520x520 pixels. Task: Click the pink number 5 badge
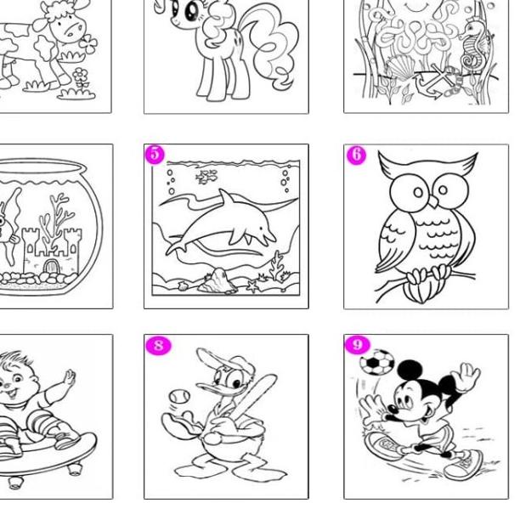(x=155, y=154)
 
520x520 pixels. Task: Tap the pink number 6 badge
(x=355, y=155)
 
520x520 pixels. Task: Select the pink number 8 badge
(x=157, y=345)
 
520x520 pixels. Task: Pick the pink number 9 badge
(x=357, y=344)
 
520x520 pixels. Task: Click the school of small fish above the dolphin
(x=206, y=177)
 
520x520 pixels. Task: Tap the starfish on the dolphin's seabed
(x=252, y=286)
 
